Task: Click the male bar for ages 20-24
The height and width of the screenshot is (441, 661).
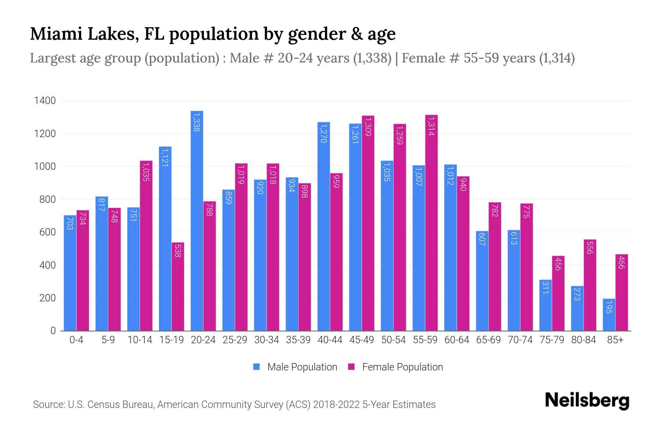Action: pos(197,220)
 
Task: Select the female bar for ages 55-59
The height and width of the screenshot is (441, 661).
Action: pos(431,223)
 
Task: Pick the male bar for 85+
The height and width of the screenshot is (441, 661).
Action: pos(608,315)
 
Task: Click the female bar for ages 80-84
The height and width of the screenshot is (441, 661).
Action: pos(590,285)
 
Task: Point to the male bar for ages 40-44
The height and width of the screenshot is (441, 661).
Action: pos(324,226)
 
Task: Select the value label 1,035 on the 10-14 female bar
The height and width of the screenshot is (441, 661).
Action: pos(146,171)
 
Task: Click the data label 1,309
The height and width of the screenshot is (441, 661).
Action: pos(368,127)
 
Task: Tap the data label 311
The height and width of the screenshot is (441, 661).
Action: pos(545,287)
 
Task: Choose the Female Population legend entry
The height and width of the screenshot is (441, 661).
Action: pos(395,367)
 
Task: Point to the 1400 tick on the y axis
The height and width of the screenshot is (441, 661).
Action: pos(45,101)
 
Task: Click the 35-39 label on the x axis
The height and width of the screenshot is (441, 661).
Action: pos(298,340)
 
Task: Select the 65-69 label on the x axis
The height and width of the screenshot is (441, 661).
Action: pos(488,340)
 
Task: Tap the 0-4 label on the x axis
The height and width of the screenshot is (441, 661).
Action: pos(76,340)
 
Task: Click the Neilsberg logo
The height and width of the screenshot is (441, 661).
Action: pos(587,401)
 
